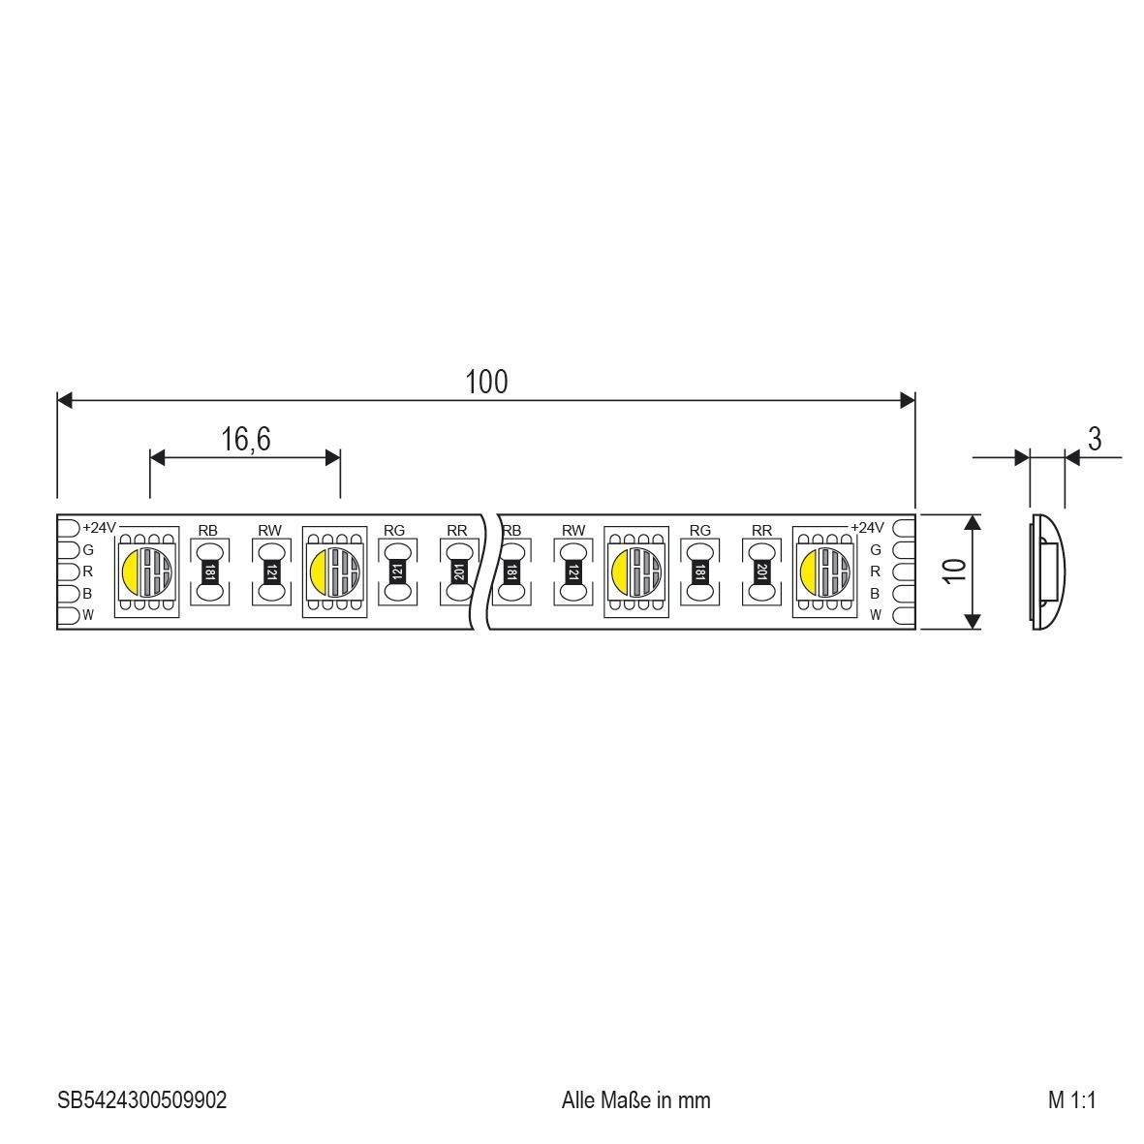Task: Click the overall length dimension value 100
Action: pos(485,383)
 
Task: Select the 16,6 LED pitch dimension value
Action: pos(245,440)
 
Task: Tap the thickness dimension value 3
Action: pos(1094,439)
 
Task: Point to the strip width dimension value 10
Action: pos(955,571)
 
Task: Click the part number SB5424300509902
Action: pos(141,1100)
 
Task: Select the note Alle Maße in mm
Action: pos(635,1100)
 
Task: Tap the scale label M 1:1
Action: pos(1070,1100)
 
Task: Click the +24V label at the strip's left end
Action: pos(99,528)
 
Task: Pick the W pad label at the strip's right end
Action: pos(875,615)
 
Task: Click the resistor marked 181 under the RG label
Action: pos(699,571)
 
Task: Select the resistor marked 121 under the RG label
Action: pos(395,571)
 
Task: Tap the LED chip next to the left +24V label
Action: pos(146,571)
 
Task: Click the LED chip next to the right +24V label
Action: pos(824,571)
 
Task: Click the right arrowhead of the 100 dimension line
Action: pos(908,400)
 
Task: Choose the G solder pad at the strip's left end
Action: pos(68,549)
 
